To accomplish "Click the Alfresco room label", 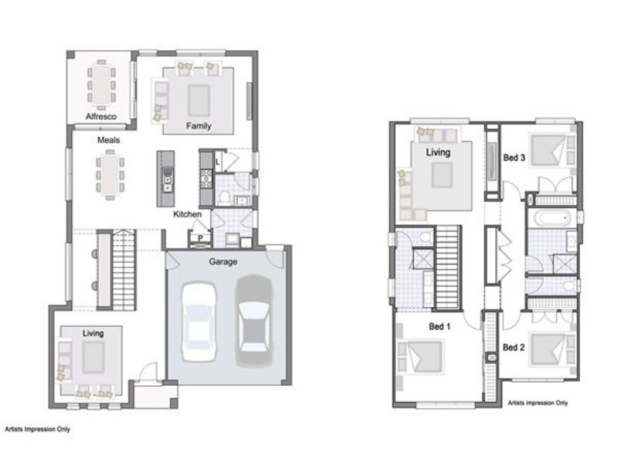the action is pos(101,117).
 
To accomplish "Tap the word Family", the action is pos(199,126).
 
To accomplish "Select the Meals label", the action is pos(108,140).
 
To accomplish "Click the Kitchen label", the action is pos(188,214).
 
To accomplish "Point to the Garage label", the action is pos(223,261).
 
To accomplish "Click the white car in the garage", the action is pos(199,322).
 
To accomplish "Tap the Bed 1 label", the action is pos(440,326).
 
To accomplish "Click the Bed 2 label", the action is pos(514,347).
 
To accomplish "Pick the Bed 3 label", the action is pos(514,158).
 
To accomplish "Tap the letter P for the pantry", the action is pos(201,238).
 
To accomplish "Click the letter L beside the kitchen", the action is pos(218,162).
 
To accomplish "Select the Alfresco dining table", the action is pos(102,85).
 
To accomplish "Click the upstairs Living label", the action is pos(438,152).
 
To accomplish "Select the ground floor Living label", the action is pos(93,333).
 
